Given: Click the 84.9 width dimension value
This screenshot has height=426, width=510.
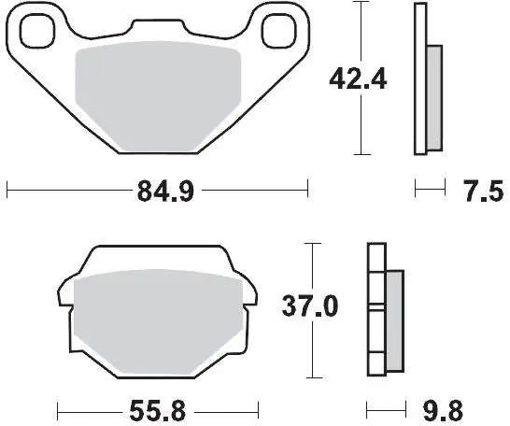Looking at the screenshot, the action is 165,192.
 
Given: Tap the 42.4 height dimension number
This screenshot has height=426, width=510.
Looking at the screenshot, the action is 358,79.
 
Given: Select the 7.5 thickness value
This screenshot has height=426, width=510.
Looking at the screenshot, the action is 484,192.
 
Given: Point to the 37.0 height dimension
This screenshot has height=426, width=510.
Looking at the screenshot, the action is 310,306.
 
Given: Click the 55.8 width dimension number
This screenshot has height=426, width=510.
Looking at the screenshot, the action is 158,411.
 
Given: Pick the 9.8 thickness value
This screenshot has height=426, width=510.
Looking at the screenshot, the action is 443,411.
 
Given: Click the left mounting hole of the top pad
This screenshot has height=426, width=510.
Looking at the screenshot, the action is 37,31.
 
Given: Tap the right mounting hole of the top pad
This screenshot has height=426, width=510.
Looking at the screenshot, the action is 279,31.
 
